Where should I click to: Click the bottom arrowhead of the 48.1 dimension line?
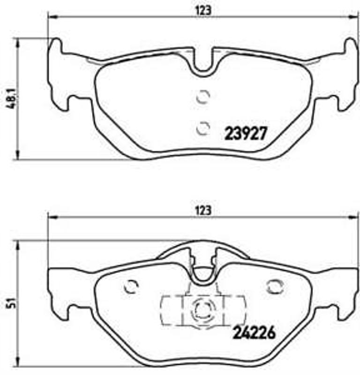18,156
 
